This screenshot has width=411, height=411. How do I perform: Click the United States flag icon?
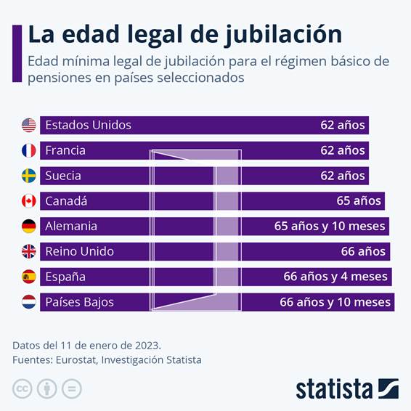pos(28,125)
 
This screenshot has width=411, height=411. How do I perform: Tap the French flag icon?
pos(28,150)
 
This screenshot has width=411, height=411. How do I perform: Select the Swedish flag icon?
pos(28,176)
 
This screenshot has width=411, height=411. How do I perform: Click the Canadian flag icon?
pos(28,201)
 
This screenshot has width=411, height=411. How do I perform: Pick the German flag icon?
pos(28,227)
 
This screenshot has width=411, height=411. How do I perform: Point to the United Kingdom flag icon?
pos(28,251)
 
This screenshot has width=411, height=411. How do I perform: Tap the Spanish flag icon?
pos(28,277)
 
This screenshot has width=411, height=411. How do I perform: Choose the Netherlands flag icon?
pos(28,302)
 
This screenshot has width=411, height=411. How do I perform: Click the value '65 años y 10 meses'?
pos(329,227)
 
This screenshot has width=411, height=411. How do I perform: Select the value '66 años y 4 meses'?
pos(335,277)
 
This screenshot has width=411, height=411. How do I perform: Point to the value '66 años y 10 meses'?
pos(335,302)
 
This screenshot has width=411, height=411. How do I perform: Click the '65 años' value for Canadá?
pos(360,201)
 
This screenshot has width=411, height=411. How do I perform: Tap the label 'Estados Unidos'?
pos(88,125)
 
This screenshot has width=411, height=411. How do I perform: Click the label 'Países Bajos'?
pos(79,302)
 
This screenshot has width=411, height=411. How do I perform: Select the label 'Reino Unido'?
pos(79,251)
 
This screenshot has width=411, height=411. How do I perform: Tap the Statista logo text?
pos(333,388)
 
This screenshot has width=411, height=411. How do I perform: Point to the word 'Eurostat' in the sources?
pos(76,359)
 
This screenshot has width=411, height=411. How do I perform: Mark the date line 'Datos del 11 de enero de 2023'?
pos(86,344)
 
